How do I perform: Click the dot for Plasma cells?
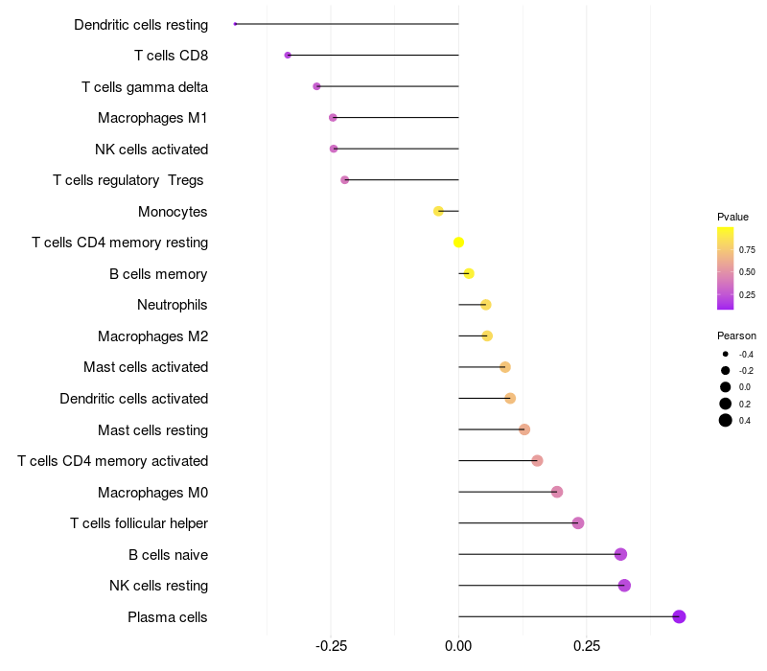679,616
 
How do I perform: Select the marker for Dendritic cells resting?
235,24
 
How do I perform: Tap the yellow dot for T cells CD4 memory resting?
458,243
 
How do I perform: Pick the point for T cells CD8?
288,56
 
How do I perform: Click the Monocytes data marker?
438,211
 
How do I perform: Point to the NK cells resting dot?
624,586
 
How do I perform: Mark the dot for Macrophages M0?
557,492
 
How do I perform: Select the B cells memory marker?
469,273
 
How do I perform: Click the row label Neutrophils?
173,305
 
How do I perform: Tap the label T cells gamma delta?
145,87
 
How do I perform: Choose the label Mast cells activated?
146,367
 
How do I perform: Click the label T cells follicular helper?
139,523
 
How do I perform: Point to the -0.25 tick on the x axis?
331,646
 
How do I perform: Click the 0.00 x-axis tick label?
458,646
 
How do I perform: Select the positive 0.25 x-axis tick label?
587,646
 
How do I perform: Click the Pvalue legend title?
732,217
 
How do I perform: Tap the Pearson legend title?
736,336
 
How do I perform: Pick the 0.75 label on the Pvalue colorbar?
747,250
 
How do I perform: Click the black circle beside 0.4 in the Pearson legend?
726,420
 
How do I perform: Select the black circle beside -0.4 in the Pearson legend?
726,354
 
